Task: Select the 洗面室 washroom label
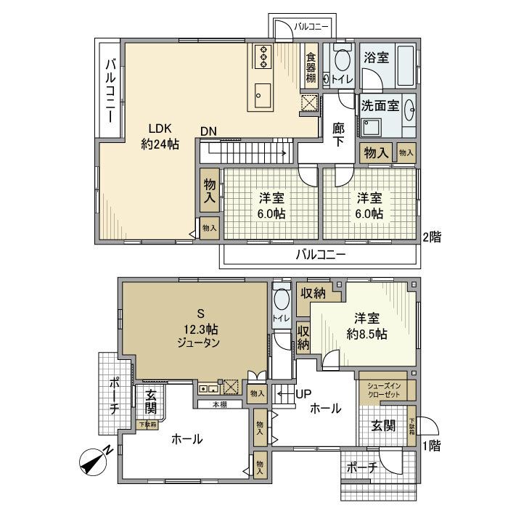pyautogui.click(x=380, y=106)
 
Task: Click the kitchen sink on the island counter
pyautogui.click(x=262, y=94)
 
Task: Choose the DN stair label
pyautogui.click(x=209, y=131)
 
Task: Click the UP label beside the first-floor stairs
pyautogui.click(x=303, y=393)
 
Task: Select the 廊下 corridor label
pyautogui.click(x=338, y=133)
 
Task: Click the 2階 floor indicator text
pyautogui.click(x=433, y=237)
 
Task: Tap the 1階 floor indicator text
pyautogui.click(x=430, y=446)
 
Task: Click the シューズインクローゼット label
pyautogui.click(x=383, y=390)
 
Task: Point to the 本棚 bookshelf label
pyautogui.click(x=219, y=405)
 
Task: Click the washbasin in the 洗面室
pyautogui.click(x=409, y=108)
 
